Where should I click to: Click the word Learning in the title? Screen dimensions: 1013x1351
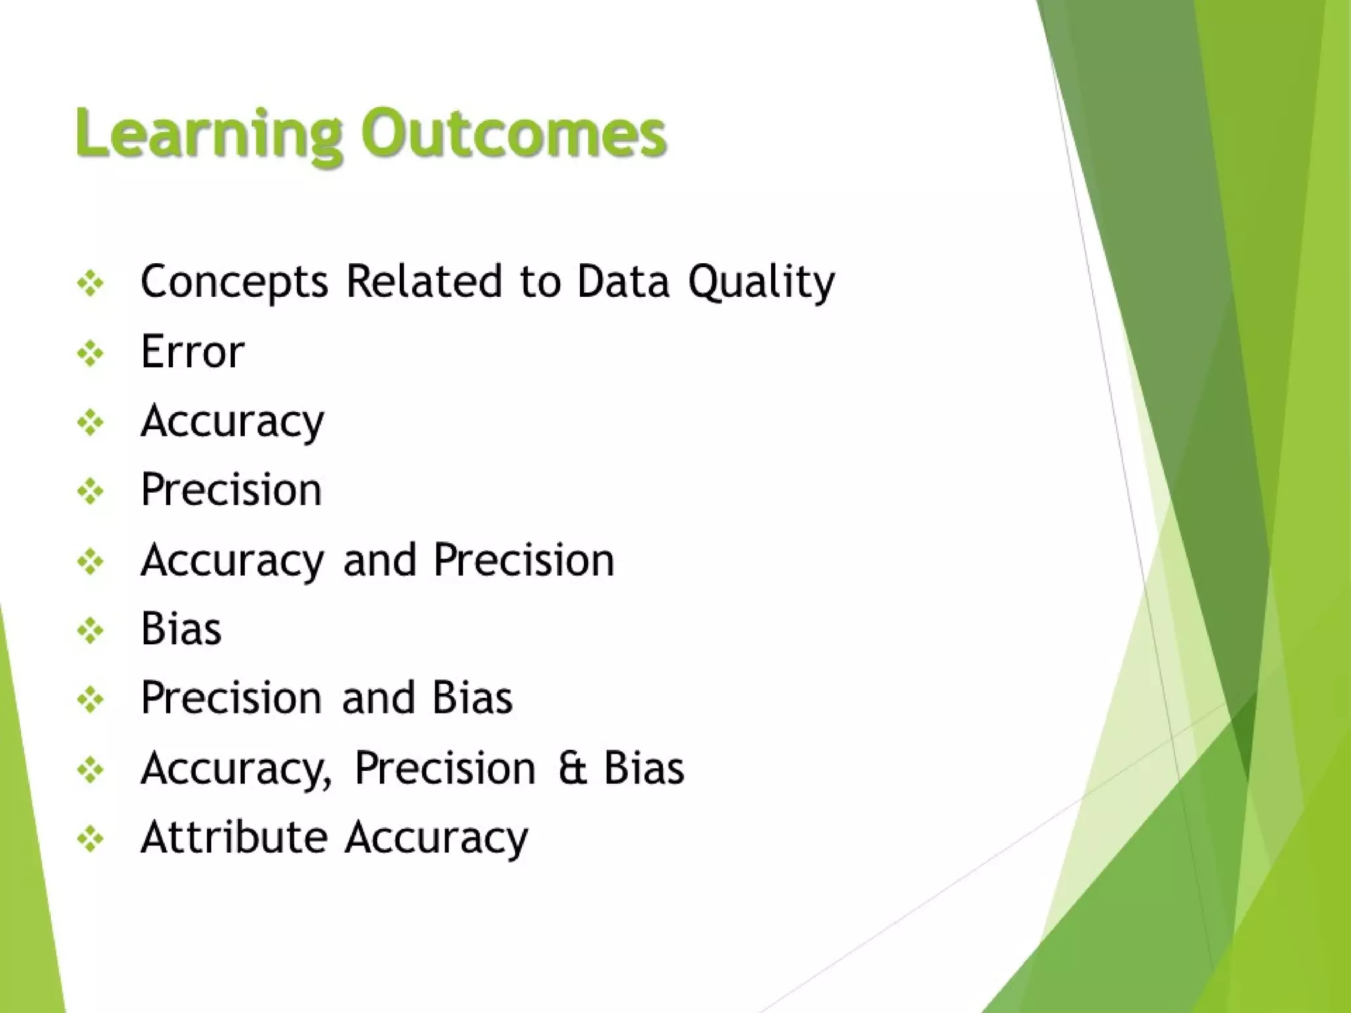pyautogui.click(x=208, y=135)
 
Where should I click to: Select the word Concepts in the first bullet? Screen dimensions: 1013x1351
pyautogui.click(x=234, y=282)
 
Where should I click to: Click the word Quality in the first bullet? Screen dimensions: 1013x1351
pyautogui.click(x=761, y=282)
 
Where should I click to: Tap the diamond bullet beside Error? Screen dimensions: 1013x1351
pyautogui.click(x=90, y=354)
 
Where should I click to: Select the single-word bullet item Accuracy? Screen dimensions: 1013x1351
pyautogui.click(x=232, y=421)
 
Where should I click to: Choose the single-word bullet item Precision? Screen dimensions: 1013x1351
pyautogui.click(x=231, y=490)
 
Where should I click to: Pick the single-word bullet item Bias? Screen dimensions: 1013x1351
pyautogui.click(x=181, y=629)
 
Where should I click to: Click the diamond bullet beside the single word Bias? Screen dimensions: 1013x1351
pyautogui.click(x=90, y=631)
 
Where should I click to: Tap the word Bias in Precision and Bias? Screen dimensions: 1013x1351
pyautogui.click(x=472, y=698)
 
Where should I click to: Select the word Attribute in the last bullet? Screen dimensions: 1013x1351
pyautogui.click(x=234, y=837)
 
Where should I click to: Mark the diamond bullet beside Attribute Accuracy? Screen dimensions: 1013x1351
pyautogui.click(x=90, y=840)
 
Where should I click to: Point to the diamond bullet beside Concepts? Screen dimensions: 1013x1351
pyautogui.click(x=90, y=284)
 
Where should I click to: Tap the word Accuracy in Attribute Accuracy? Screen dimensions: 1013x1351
pyautogui.click(x=437, y=838)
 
